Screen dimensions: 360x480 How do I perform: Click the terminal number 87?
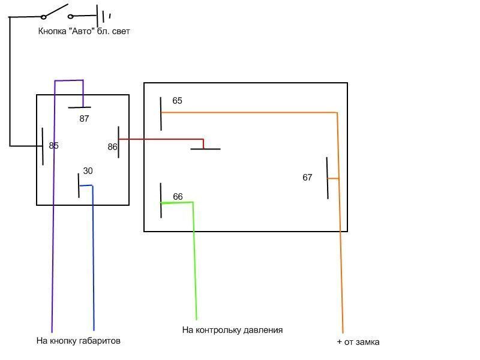84,119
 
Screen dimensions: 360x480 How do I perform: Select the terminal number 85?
54,146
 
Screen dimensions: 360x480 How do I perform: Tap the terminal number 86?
112,146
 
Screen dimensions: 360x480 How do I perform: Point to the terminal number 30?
88,171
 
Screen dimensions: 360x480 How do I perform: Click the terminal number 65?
177,101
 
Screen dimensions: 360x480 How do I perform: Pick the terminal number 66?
178,197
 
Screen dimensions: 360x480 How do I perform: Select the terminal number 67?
307,178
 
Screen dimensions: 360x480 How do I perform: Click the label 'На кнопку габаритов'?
79,341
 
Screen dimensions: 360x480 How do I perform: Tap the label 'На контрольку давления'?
232,330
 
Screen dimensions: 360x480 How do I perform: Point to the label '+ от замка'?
358,342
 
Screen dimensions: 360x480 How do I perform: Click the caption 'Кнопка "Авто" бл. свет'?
84,31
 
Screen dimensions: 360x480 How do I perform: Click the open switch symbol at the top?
57,12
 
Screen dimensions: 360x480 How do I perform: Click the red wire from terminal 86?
162,140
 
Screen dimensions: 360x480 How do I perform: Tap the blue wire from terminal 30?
94,258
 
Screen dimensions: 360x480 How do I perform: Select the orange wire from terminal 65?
252,112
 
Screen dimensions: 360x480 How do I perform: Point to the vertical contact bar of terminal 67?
328,178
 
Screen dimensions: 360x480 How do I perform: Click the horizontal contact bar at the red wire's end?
205,148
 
